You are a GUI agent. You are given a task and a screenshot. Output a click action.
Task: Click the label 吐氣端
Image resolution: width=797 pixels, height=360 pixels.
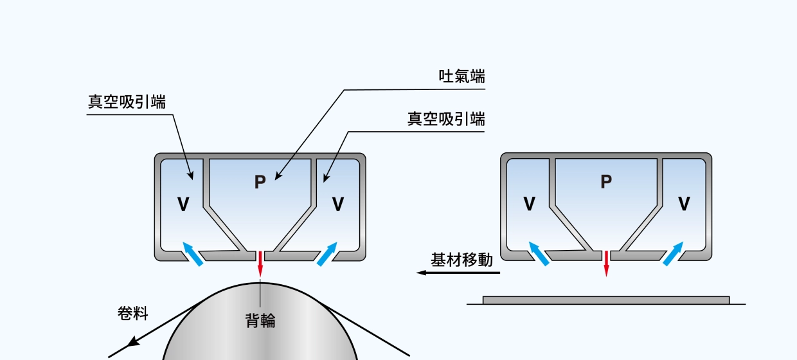(461, 76)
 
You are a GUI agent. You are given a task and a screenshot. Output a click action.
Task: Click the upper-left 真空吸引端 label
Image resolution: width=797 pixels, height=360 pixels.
(127, 102)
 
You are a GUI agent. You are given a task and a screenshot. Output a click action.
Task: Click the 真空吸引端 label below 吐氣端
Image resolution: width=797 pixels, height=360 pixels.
(446, 119)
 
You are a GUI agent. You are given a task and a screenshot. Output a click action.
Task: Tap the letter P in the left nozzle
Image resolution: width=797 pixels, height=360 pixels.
(260, 183)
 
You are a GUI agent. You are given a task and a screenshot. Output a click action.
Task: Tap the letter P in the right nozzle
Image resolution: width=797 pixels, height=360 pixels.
(605, 182)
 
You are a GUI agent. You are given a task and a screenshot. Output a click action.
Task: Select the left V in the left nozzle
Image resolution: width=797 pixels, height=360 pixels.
(183, 204)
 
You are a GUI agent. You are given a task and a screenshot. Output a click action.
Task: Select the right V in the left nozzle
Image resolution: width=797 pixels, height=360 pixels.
(337, 204)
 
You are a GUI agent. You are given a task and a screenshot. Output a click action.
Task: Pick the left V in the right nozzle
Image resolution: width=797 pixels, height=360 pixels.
(529, 204)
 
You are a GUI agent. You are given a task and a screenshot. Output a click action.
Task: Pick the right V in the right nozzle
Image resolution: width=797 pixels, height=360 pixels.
(684, 204)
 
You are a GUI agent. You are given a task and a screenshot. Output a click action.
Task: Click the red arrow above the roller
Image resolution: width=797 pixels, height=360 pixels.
(260, 264)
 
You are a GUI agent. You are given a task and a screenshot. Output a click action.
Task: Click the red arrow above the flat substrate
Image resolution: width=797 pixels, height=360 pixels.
(606, 264)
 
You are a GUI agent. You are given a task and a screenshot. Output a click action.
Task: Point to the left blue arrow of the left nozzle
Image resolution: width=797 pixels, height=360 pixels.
(192, 253)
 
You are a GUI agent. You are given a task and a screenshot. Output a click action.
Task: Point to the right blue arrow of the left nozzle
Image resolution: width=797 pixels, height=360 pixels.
(327, 253)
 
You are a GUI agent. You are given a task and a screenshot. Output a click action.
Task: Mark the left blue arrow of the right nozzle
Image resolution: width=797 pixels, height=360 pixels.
(539, 253)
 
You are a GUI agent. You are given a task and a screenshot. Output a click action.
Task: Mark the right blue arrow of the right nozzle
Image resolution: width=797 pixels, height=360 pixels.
(673, 253)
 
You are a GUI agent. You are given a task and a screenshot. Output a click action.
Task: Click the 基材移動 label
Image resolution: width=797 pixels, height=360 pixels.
(461, 260)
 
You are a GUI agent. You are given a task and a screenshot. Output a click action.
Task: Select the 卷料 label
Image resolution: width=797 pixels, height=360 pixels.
(133, 314)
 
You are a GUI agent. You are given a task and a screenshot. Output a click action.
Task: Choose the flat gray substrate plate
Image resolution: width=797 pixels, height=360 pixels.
(605, 300)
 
